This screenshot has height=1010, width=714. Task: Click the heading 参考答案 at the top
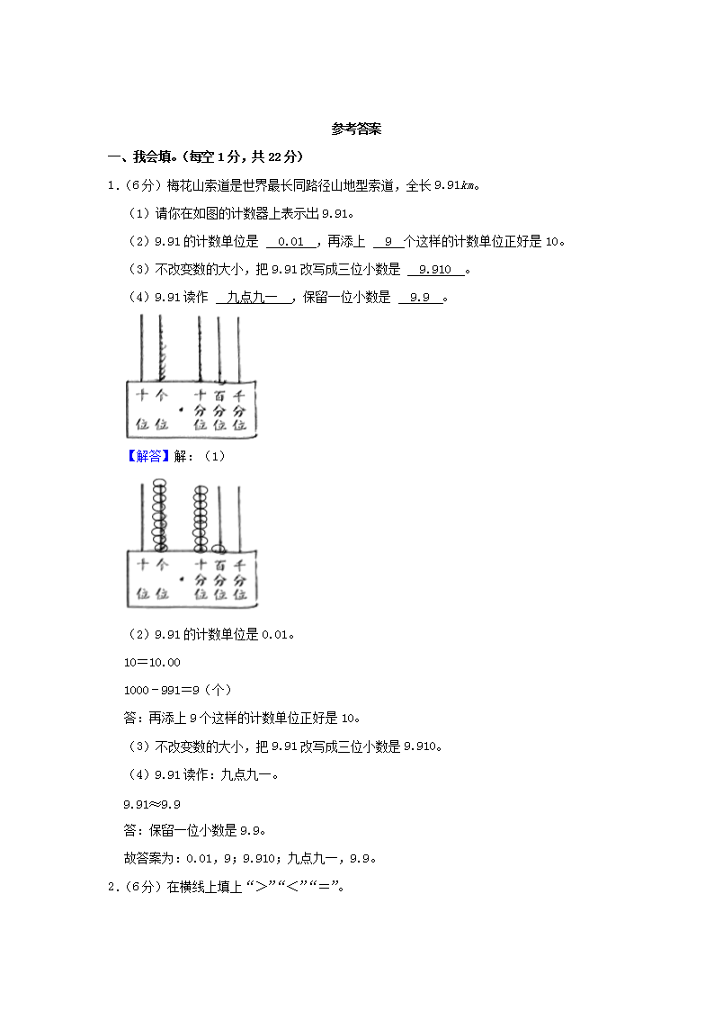(x=356, y=130)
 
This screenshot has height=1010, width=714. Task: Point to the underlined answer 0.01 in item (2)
(x=291, y=242)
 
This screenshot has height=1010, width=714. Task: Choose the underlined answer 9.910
(x=436, y=270)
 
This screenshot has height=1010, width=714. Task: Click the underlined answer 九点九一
(x=254, y=299)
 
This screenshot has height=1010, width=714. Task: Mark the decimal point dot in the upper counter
(x=181, y=410)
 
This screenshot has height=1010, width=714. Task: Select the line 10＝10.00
(x=152, y=663)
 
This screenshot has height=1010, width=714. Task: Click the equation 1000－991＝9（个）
(x=177, y=690)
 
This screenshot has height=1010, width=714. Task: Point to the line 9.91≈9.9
(x=152, y=803)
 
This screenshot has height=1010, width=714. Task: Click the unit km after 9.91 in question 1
(x=467, y=186)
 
